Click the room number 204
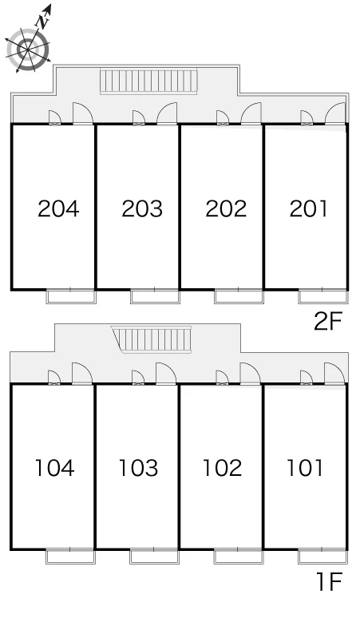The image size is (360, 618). pos(58,208)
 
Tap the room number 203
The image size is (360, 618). pos(142,208)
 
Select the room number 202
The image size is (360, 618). pos(226,208)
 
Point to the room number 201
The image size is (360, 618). pos(308,208)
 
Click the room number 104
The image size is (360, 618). pos(55,468)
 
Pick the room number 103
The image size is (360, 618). pos(138,468)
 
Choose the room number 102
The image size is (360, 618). pos(222,468)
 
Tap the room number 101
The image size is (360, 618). pos(304,468)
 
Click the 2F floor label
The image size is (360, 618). pos(328,322)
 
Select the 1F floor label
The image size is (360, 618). pos(330,581)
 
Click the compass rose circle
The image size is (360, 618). pos(28,50)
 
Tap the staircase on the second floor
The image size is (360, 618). pos(148,81)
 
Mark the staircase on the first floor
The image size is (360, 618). pos(152,339)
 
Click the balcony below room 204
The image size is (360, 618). pos(71,296)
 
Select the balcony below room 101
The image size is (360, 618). pos(323,556)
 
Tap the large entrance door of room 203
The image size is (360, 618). pos(168,113)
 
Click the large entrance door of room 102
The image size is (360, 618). pos(251,373)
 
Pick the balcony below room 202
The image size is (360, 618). pos(239,296)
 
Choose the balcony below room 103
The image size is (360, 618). pos(155,556)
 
